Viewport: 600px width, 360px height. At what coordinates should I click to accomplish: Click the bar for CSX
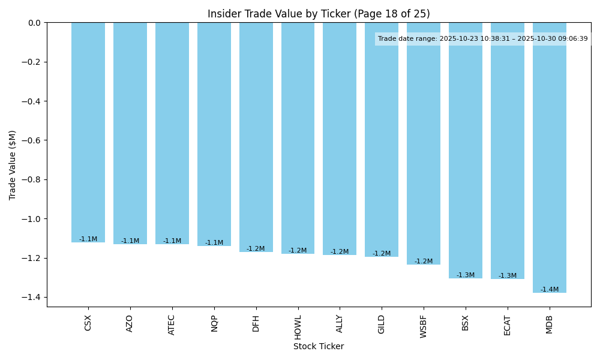[88, 132]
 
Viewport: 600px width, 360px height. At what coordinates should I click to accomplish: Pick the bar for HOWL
[298, 138]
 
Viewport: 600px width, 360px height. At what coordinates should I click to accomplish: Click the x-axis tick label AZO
[130, 323]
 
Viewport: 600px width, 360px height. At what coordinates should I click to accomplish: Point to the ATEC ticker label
[172, 325]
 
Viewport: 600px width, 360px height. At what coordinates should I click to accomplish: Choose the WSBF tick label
[424, 326]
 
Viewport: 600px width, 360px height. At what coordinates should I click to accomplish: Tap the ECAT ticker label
[508, 325]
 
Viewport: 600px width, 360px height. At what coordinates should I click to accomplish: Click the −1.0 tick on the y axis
[31, 219]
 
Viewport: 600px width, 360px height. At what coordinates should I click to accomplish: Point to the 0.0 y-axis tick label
[34, 23]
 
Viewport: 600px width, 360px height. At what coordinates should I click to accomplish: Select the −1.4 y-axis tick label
[31, 298]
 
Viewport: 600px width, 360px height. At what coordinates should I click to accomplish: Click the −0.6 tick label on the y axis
[31, 140]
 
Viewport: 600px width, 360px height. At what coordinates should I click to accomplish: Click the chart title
[319, 14]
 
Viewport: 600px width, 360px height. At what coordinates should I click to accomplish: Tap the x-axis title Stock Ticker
[319, 346]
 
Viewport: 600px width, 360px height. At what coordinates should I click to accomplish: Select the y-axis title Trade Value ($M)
[13, 164]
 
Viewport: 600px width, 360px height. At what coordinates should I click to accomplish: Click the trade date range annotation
[483, 39]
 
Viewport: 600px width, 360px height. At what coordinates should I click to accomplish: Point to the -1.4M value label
[550, 290]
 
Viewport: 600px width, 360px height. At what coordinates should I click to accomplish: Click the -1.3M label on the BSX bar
[466, 275]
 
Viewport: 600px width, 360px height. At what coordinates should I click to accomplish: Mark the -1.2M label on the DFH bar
[256, 249]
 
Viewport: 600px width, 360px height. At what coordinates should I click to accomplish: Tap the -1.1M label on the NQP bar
[214, 243]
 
